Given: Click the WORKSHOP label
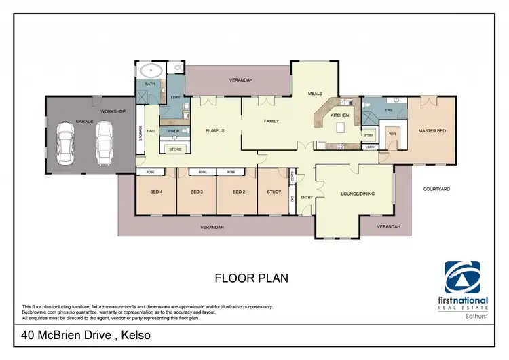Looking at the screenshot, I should (113, 111).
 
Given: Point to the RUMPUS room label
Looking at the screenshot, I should (214, 131).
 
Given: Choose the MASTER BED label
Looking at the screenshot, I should (432, 131).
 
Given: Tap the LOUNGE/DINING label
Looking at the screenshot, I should (358, 194).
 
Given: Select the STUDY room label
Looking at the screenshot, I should (274, 192).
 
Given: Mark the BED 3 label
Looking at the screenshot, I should (196, 192).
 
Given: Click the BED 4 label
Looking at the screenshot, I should (156, 192).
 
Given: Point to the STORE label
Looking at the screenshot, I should (175, 148).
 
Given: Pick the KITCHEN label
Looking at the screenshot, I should (339, 115).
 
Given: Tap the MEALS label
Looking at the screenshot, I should (315, 94).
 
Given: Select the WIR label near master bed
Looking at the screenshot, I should (392, 134).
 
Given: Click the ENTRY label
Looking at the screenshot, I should (306, 198).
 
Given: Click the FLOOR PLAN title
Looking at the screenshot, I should (251, 278).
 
